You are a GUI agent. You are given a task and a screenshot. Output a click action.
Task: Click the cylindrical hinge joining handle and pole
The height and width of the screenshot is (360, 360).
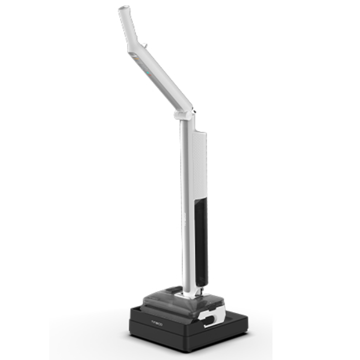183,113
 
